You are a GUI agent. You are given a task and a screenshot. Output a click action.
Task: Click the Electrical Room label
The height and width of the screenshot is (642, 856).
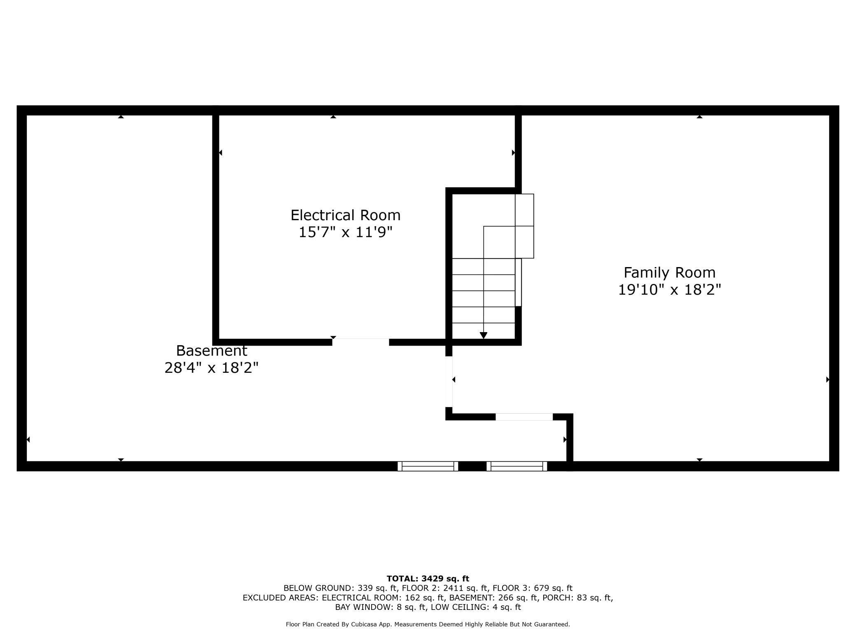(345, 215)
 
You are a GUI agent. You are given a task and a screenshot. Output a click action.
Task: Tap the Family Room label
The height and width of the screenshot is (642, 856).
(670, 272)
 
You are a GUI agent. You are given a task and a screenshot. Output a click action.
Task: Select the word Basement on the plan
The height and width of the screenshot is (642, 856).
(212, 351)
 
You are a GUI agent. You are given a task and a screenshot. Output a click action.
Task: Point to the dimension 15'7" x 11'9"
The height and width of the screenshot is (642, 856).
(345, 233)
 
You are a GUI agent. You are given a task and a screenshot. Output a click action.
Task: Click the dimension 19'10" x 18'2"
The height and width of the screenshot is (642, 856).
(670, 290)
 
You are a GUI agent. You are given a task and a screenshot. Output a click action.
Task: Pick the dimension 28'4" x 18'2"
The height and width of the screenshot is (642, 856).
(212, 368)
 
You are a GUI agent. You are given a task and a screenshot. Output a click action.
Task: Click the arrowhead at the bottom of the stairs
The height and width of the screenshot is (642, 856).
(484, 335)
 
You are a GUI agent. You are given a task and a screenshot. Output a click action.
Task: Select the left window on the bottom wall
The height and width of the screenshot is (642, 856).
(428, 466)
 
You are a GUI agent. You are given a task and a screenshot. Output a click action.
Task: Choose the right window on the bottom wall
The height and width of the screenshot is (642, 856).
(517, 466)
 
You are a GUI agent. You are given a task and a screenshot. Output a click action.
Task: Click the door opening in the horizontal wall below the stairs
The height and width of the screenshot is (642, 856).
(524, 416)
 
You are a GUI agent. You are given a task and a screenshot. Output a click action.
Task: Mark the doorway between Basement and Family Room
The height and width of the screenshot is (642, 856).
(449, 381)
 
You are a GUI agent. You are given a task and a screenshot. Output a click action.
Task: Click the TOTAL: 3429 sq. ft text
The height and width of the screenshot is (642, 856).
(428, 579)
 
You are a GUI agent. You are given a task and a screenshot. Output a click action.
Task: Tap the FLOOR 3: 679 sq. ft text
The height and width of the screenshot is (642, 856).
(533, 588)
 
